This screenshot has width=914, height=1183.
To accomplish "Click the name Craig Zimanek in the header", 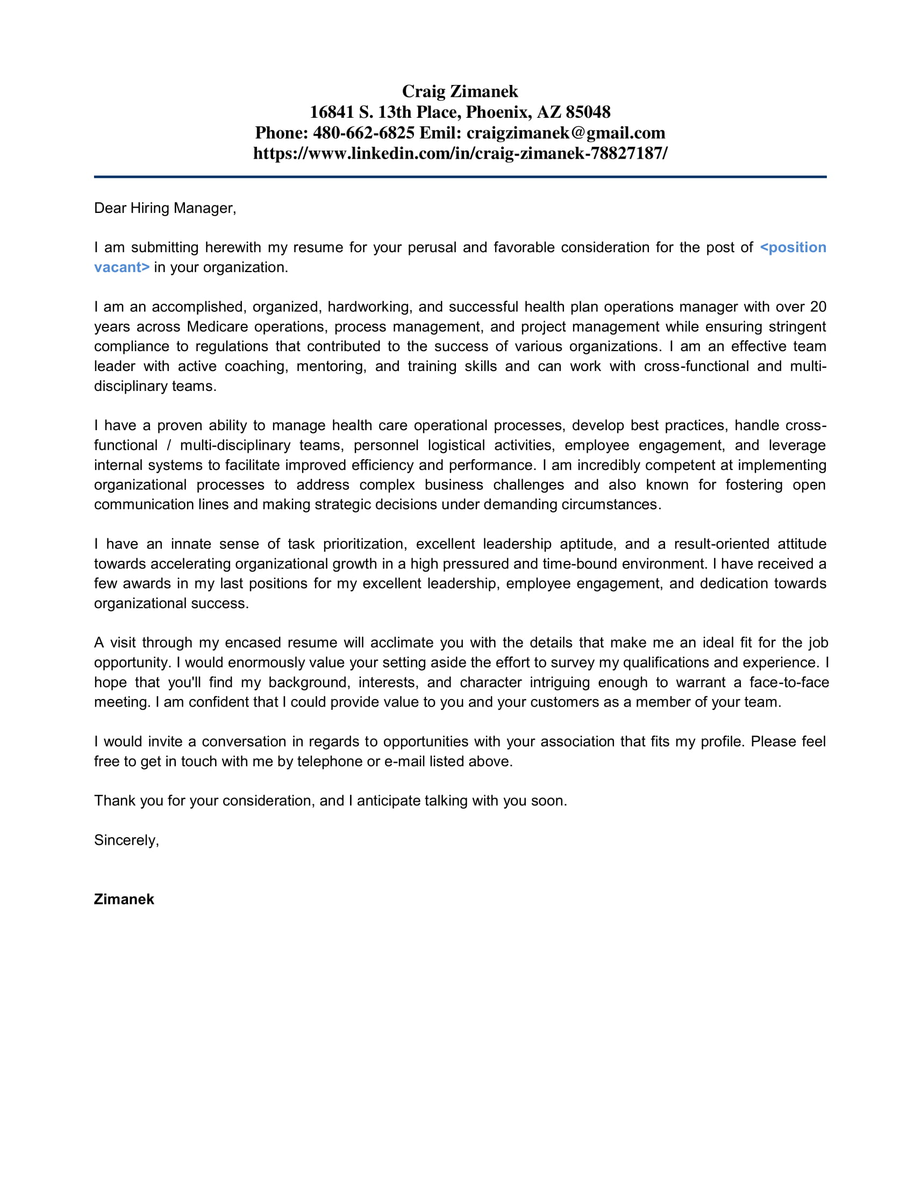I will [x=460, y=91].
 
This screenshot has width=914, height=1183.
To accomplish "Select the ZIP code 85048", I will [x=588, y=112].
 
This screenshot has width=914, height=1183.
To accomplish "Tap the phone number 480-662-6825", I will [x=363, y=133].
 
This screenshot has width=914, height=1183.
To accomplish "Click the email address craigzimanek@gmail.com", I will [x=565, y=133].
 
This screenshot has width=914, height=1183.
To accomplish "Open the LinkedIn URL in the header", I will [x=460, y=153].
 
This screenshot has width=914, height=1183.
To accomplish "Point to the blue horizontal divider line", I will [x=460, y=176].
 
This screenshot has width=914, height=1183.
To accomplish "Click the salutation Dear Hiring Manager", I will [x=165, y=208].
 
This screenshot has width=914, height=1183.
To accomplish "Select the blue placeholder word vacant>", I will [x=122, y=267].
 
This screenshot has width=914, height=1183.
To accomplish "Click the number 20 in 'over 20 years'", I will [x=818, y=307].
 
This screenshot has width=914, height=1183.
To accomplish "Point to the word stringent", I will [x=797, y=326].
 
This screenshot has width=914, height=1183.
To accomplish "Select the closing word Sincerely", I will [x=126, y=840].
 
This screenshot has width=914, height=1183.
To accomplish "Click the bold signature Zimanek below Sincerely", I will [x=124, y=899].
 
